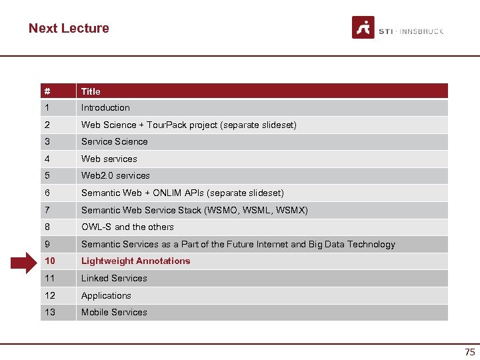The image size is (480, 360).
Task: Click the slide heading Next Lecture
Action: (69, 28)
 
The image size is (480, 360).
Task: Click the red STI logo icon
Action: (363, 28)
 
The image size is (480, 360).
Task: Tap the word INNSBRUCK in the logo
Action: (421, 31)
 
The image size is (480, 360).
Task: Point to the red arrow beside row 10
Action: (26, 261)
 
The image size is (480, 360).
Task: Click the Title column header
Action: (91, 91)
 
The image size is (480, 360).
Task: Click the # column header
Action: (47, 91)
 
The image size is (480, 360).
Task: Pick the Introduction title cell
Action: (105, 107)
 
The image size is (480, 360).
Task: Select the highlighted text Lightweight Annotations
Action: (135, 261)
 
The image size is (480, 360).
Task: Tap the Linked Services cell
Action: (114, 278)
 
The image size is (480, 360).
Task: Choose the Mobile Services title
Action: (114, 312)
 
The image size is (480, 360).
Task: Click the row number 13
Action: (49, 312)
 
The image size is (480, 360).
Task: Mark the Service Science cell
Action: (114, 141)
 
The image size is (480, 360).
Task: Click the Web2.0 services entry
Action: (115, 175)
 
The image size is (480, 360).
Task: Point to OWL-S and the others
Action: (127, 227)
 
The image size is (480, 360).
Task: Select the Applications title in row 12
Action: (106, 295)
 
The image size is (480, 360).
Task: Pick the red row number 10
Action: (49, 261)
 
